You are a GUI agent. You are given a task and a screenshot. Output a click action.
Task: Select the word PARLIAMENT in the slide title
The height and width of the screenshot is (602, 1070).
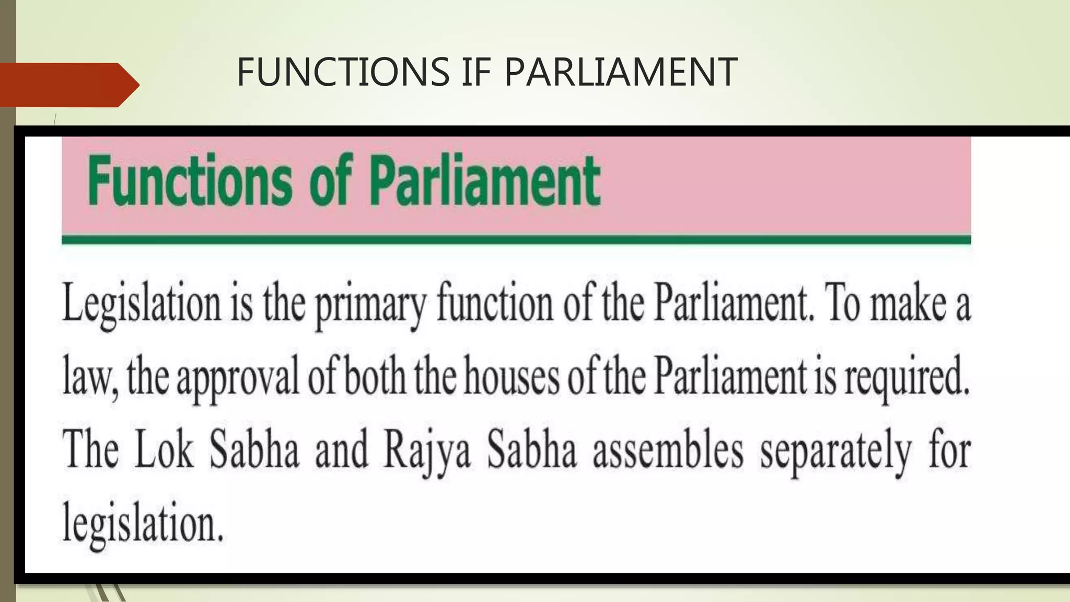point(620,72)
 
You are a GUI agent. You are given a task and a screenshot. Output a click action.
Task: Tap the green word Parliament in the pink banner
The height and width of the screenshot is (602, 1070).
point(485,181)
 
